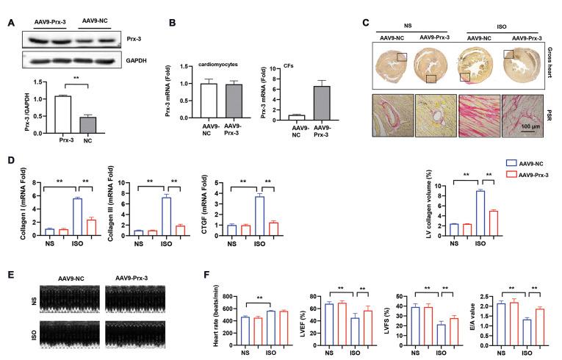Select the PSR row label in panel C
tap(552, 115)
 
